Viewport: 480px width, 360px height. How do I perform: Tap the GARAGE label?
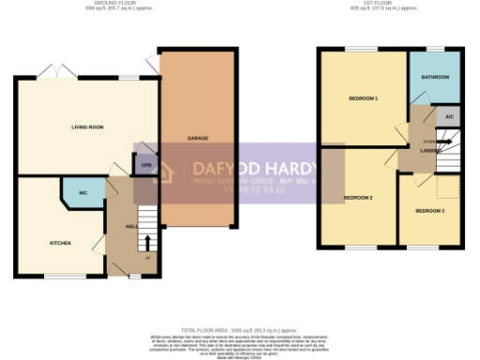click(197, 138)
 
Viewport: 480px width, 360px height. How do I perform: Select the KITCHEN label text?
click(60, 243)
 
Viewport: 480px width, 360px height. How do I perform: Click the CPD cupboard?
click(145, 166)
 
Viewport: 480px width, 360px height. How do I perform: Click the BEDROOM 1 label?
click(363, 98)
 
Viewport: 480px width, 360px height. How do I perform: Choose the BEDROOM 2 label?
click(357, 198)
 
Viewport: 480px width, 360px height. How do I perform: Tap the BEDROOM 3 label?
click(429, 211)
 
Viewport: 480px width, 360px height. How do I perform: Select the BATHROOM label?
click(434, 77)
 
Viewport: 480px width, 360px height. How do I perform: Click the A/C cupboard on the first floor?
click(449, 117)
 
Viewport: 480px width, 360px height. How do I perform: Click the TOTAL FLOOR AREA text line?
click(240, 331)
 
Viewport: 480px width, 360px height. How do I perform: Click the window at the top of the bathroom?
click(434, 47)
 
